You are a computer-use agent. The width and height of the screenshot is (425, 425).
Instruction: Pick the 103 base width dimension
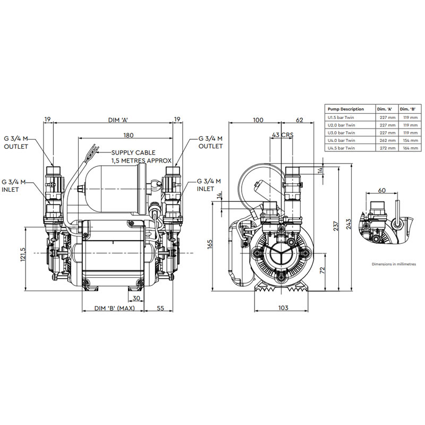coord(283,308)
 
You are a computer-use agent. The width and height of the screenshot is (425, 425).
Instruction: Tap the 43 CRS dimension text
coord(282,135)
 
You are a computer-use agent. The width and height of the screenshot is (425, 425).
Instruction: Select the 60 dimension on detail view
coord(381,190)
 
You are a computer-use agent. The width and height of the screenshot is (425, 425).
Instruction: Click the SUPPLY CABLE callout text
coord(141,156)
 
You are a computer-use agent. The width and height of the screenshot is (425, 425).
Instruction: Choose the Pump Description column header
coord(345,109)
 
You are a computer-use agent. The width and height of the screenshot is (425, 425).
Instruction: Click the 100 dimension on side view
coord(258,121)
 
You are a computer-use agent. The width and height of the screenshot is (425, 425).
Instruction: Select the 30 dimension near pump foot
coord(138,297)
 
